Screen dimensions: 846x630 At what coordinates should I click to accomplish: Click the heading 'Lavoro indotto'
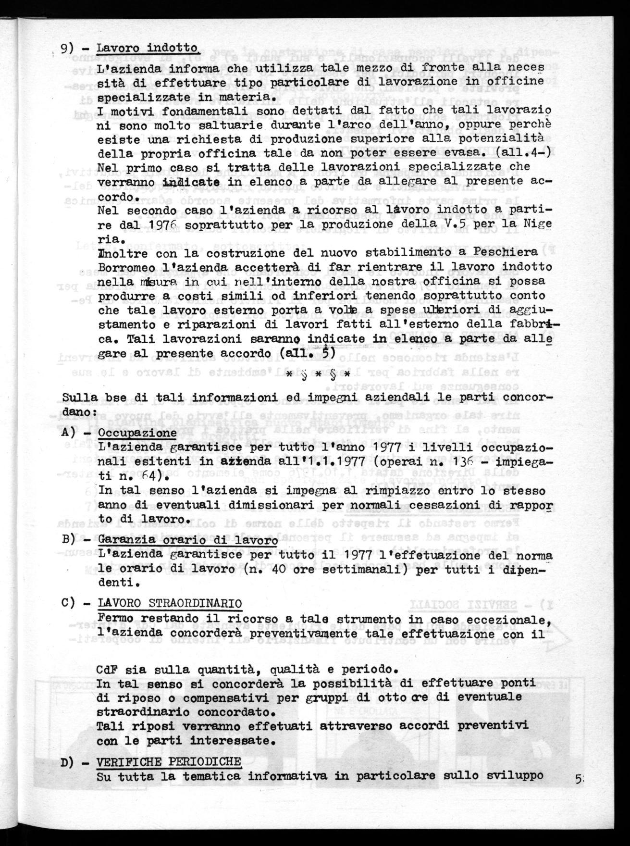(147, 49)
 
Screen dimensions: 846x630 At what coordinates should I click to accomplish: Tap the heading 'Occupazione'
(136, 432)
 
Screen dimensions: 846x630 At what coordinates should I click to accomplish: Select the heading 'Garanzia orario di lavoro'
(187, 540)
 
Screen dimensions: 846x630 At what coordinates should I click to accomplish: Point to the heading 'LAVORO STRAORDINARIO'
(169, 603)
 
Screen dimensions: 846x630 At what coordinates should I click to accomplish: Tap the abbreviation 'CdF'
(108, 670)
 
